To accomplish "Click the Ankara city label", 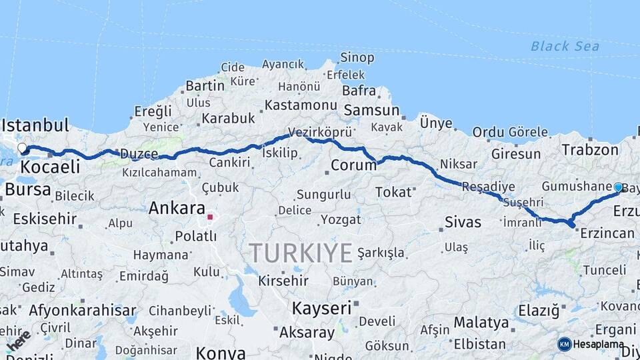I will point(176,207).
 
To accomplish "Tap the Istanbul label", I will point(35,125).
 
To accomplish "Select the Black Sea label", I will point(565,46).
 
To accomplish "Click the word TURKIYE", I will point(301,253).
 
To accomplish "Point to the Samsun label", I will point(371,111).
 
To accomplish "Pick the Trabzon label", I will point(590,149).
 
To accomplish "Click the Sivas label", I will point(463,222).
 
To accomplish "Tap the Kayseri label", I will point(321,308).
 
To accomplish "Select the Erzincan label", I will point(607,233).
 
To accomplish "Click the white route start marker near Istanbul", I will point(22,148).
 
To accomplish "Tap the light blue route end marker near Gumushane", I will point(618,188).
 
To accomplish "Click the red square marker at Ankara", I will point(210,217).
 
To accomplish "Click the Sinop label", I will point(357,58).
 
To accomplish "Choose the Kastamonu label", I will point(301,105).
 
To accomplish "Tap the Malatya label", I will point(481,323).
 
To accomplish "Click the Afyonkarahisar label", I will point(82,310).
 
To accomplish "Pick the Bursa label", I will point(27,189).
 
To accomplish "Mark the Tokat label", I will point(393,192).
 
